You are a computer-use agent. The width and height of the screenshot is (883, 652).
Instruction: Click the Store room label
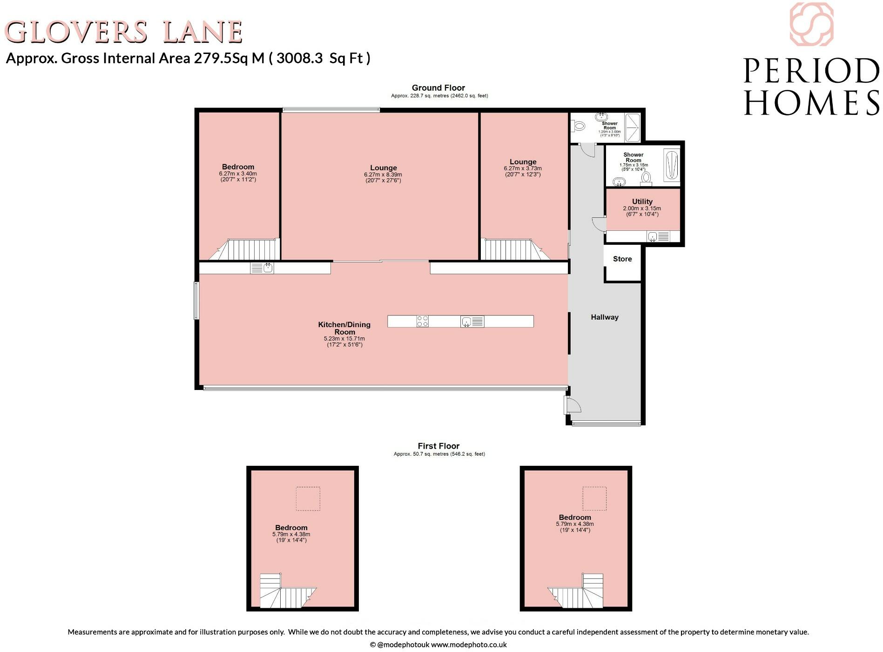(x=622, y=259)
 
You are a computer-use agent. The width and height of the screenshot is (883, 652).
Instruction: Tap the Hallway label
(x=605, y=317)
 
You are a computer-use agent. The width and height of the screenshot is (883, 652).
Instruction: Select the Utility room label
(x=642, y=202)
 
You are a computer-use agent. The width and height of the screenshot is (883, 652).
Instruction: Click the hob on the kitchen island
(x=423, y=321)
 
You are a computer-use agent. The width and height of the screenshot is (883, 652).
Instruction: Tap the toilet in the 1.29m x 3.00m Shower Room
(x=579, y=125)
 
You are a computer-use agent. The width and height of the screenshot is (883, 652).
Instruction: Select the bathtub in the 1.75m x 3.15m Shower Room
(x=671, y=166)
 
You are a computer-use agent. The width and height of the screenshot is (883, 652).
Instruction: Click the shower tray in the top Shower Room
(x=633, y=127)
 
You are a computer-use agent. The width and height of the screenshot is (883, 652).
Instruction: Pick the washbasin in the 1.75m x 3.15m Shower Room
(x=619, y=181)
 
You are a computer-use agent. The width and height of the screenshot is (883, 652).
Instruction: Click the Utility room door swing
(x=599, y=224)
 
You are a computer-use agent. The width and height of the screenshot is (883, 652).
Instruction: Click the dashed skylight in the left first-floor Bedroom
(x=308, y=498)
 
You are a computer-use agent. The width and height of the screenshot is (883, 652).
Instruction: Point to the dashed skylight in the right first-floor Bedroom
(x=594, y=498)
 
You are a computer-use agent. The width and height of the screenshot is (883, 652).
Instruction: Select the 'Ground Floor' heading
(x=438, y=88)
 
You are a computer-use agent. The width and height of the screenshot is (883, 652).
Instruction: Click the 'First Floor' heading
(x=438, y=446)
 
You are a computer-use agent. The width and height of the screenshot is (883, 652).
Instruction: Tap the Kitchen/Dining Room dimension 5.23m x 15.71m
(x=344, y=339)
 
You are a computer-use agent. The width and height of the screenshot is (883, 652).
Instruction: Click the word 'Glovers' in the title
(x=76, y=33)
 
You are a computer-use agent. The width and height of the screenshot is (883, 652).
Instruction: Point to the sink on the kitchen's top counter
(x=262, y=268)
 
